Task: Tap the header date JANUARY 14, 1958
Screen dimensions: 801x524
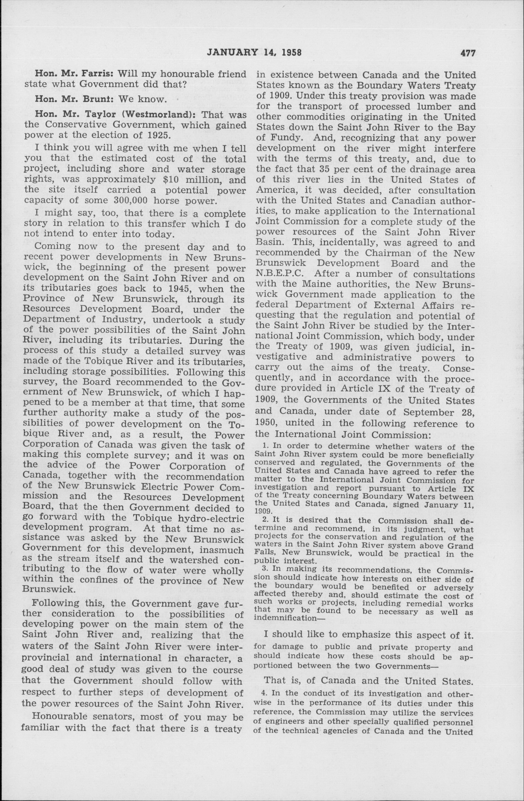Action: coord(254,53)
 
